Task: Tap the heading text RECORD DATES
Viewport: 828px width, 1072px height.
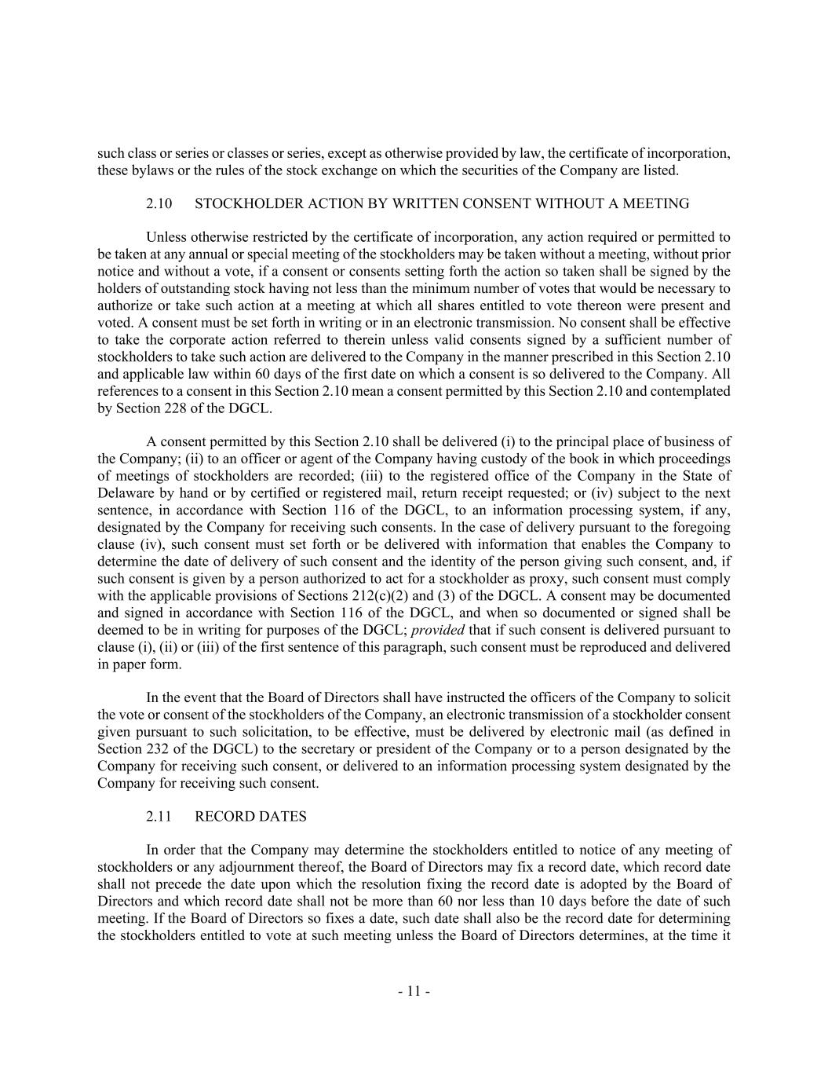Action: tap(250, 817)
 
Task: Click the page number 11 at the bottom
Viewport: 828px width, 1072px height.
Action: tap(414, 991)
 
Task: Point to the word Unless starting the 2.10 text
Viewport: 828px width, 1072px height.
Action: tap(166, 237)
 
